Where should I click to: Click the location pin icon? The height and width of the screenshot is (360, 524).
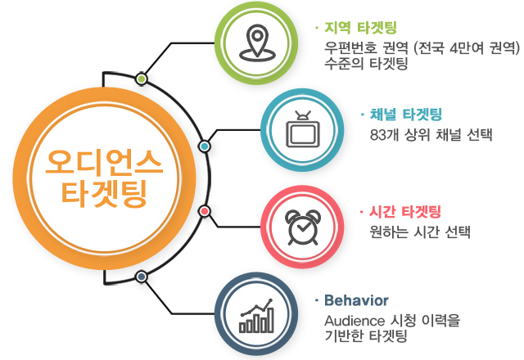(256, 43)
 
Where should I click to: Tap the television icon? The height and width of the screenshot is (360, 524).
(302, 130)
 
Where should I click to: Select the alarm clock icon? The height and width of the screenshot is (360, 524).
(302, 227)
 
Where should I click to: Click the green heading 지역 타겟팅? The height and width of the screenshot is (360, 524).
(360, 28)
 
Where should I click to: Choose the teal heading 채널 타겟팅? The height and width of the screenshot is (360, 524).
(406, 115)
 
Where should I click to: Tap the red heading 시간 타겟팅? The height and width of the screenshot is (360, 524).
(404, 212)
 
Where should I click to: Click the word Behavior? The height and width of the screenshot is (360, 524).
(356, 300)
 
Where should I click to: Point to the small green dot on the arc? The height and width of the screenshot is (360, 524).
(142, 79)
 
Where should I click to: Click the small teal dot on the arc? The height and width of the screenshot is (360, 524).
(204, 146)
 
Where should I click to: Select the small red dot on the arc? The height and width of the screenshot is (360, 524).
(204, 211)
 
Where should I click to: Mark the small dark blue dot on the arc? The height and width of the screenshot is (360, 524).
(142, 277)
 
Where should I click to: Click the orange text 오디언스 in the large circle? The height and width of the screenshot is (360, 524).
(104, 162)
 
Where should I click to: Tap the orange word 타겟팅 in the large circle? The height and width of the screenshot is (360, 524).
(104, 192)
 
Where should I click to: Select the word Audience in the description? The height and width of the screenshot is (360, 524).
(355, 321)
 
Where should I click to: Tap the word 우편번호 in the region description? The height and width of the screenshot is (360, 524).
(351, 48)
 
